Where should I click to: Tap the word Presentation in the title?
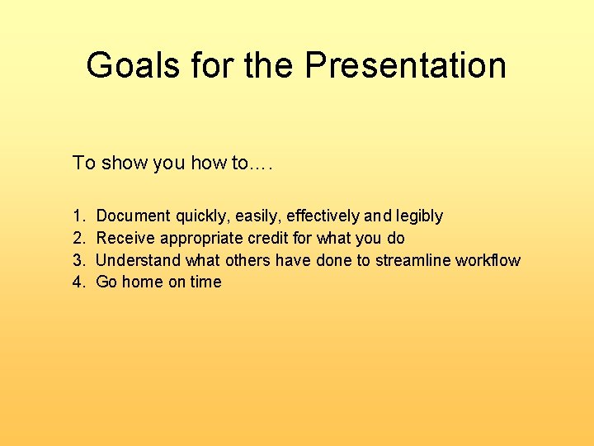pos(405,65)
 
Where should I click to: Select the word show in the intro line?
pos(123,163)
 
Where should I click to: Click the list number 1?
pos(78,216)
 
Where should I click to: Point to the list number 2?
pos(78,239)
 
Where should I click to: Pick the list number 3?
pos(78,260)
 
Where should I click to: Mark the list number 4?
pos(78,282)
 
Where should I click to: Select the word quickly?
pos(202,216)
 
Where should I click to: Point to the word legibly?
pos(419,216)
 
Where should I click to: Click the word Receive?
pos(125,239)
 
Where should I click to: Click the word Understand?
pos(139,260)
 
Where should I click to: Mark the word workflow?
pos(489,260)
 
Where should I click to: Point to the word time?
pos(205,282)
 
